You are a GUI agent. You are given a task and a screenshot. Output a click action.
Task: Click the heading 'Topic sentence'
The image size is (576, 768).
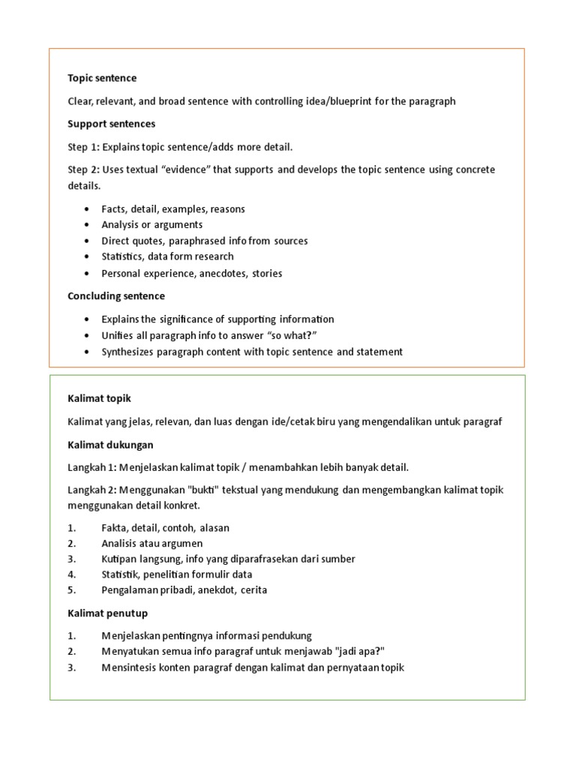pyautogui.click(x=102, y=78)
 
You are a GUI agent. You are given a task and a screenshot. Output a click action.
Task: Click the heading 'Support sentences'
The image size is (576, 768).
pyautogui.click(x=112, y=123)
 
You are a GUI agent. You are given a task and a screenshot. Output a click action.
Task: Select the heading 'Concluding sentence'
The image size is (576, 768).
pyautogui.click(x=116, y=296)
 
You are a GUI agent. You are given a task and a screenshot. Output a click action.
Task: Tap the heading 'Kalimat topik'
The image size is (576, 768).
pyautogui.click(x=99, y=397)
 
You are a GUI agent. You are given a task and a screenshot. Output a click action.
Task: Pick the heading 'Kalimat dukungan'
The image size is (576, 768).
pyautogui.click(x=110, y=445)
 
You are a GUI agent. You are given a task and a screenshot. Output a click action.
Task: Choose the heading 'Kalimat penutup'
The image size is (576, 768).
pyautogui.click(x=107, y=613)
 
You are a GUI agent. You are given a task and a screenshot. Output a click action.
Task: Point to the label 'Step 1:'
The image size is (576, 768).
pyautogui.click(x=84, y=146)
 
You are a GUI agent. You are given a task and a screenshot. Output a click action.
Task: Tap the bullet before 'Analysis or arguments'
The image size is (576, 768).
pyautogui.click(x=87, y=225)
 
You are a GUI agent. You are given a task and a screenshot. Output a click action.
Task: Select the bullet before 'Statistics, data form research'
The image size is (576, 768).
pyautogui.click(x=87, y=256)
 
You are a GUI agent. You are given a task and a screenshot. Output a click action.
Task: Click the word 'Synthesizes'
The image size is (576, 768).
pyautogui.click(x=130, y=352)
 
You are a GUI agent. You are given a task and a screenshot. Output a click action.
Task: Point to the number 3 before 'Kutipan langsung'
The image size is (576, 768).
pyautogui.click(x=71, y=559)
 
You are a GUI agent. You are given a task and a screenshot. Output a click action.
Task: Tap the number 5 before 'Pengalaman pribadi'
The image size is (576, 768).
pyautogui.click(x=71, y=590)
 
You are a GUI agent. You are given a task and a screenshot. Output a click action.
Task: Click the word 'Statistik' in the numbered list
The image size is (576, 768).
pyautogui.click(x=121, y=574)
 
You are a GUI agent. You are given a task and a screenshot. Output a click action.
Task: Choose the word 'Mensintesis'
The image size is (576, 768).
pyautogui.click(x=129, y=667)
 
